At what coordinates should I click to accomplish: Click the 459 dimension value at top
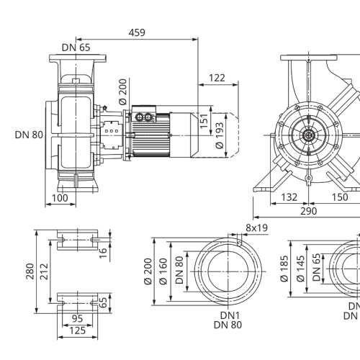(137, 32)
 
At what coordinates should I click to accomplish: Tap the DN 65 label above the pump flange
(76, 48)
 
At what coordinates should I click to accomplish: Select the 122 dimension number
(217, 78)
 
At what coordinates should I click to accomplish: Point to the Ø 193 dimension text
(220, 135)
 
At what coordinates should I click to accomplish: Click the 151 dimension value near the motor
(204, 121)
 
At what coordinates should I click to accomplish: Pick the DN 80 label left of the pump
(29, 135)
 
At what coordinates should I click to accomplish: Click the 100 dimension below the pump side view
(60, 198)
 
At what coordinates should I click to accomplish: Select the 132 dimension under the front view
(289, 197)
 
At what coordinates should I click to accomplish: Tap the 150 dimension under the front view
(340, 197)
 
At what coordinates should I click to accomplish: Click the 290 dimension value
(309, 211)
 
